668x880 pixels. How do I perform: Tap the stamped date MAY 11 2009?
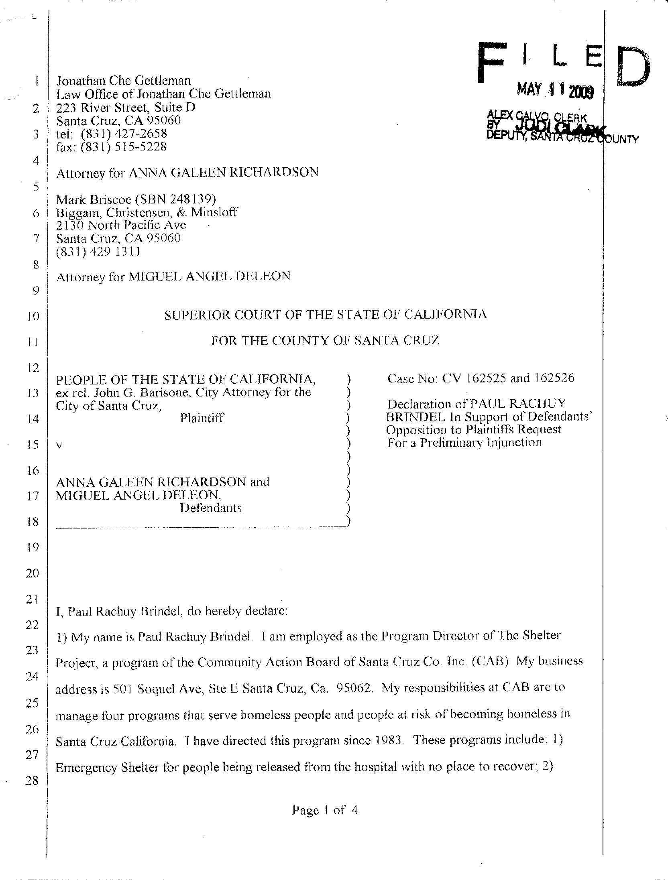click(555, 91)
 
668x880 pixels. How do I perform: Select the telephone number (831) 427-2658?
click(124, 134)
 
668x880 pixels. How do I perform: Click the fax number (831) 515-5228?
click(123, 147)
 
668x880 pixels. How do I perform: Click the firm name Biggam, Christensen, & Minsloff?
click(147, 212)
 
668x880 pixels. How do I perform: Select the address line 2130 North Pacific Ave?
click(121, 225)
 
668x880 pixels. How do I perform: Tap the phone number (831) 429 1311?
click(98, 252)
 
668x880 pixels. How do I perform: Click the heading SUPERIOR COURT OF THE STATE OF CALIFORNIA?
click(326, 315)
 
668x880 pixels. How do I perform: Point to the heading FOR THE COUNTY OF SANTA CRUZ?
click(326, 341)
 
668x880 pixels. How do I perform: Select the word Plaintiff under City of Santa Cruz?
click(202, 418)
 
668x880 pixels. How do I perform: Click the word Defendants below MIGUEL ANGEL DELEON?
click(211, 508)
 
